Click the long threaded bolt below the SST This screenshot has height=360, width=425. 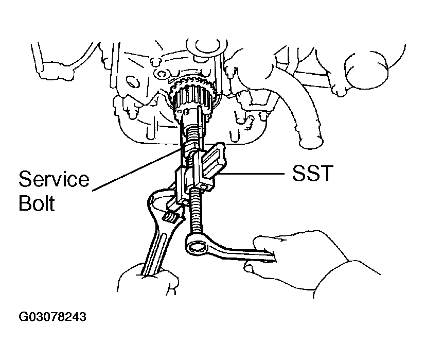click(x=197, y=211)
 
